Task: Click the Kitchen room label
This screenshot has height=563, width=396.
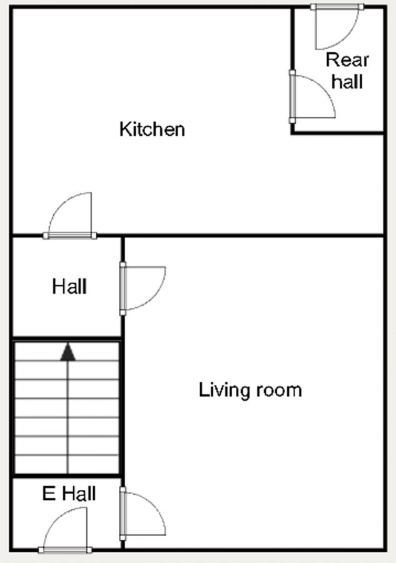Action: click(x=152, y=129)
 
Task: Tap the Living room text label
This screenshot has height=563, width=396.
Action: click(x=250, y=390)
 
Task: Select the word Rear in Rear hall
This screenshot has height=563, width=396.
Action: click(x=347, y=60)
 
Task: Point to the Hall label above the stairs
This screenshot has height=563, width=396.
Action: click(x=69, y=287)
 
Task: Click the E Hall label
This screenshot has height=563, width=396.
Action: click(x=69, y=494)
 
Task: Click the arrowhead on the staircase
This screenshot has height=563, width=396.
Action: click(x=68, y=352)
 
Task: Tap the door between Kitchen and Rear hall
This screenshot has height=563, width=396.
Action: click(x=312, y=96)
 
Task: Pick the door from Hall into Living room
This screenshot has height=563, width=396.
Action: click(x=143, y=288)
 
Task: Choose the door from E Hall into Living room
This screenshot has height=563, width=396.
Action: click(x=143, y=514)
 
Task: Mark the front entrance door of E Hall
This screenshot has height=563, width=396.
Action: click(x=65, y=530)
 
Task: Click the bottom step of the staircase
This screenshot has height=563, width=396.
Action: click(x=67, y=464)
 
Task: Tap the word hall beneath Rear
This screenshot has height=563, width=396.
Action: click(x=347, y=81)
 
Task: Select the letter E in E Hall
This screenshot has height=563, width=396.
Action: click(x=48, y=494)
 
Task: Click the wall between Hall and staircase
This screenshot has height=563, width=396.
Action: click(x=67, y=338)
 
